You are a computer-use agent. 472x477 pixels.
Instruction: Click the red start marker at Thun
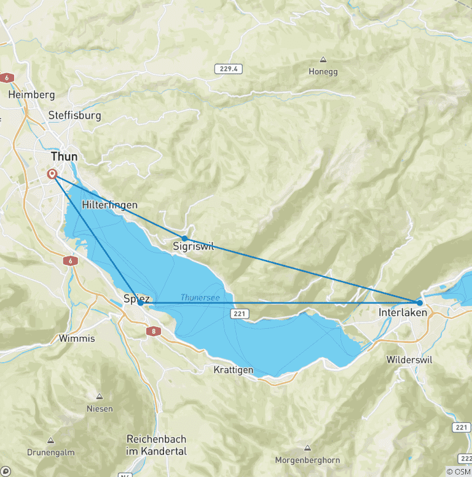[x=52, y=175]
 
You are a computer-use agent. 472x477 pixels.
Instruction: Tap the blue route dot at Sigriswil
[x=184, y=238]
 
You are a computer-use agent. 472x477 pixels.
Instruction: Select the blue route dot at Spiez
[x=141, y=302]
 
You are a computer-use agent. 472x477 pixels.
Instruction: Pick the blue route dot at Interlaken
[x=419, y=302]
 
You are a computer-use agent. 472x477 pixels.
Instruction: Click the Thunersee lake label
[x=199, y=298]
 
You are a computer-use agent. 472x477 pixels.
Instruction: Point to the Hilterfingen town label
[x=109, y=205]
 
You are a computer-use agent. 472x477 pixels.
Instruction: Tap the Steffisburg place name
[x=74, y=115]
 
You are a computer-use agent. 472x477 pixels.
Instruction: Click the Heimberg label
[x=31, y=95]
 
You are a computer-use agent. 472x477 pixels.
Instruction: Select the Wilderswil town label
[x=409, y=359]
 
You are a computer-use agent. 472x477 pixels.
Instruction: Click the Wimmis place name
[x=76, y=338]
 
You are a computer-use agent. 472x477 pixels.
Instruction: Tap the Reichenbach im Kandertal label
[x=157, y=445]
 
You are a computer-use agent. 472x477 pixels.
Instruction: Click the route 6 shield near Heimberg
[x=7, y=78]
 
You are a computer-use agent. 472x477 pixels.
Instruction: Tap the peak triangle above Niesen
[x=100, y=396]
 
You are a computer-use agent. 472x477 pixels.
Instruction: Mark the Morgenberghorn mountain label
[x=308, y=460]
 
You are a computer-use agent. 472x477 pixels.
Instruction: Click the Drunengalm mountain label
[x=50, y=452]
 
